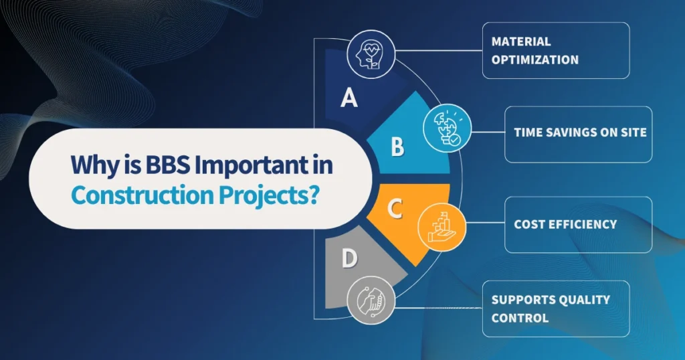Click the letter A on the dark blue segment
pyautogui.click(x=349, y=98)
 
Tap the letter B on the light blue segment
pyautogui.click(x=397, y=147)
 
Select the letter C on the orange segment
pyautogui.click(x=395, y=209)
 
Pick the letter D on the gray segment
pyautogui.click(x=349, y=258)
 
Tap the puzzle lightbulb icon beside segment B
pyautogui.click(x=448, y=127)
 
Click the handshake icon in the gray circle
pyautogui.click(x=371, y=300)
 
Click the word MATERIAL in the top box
pyautogui.click(x=521, y=41)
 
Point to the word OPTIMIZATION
pyautogui.click(x=535, y=60)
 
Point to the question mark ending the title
pyautogui.click(x=312, y=194)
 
